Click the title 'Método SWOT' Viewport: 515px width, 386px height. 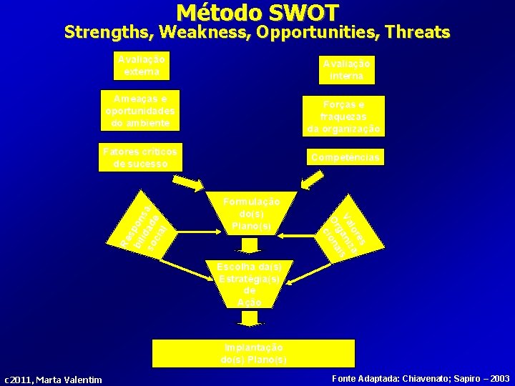257,12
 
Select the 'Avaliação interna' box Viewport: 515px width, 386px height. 346,69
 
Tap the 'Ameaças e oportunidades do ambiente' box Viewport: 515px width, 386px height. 140,110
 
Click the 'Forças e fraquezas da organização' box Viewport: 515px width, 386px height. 343,116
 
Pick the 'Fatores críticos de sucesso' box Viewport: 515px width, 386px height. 140,158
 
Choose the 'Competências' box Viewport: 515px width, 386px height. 344,157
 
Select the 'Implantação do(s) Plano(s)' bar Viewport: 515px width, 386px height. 253,353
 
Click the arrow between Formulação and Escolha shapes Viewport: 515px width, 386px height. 250,245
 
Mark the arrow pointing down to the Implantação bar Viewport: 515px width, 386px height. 250,318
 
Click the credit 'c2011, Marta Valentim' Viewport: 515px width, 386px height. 54,379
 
